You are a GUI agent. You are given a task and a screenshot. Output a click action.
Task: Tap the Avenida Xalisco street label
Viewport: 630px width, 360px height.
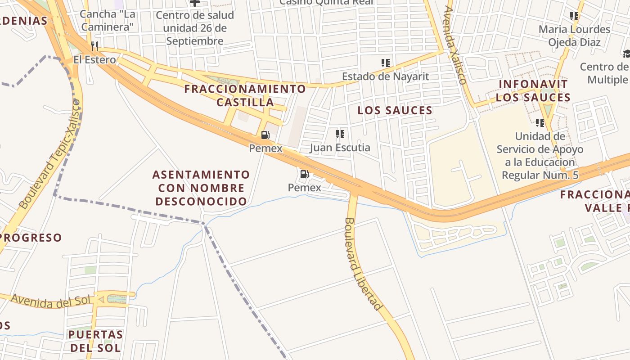point(454,45)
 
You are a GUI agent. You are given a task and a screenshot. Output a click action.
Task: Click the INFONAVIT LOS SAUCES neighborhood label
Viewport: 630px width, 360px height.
point(533,90)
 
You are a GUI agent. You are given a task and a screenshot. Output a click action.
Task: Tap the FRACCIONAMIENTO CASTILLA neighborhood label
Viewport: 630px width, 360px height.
point(245,95)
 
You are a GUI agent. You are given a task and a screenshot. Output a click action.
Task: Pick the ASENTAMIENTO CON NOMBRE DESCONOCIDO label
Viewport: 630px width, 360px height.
point(201,188)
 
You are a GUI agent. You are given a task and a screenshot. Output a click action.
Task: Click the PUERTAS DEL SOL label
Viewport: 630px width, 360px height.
point(95,341)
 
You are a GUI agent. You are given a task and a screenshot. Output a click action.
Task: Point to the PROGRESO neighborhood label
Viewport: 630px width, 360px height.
point(31,238)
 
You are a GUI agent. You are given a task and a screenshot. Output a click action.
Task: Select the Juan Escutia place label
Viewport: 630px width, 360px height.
point(340,148)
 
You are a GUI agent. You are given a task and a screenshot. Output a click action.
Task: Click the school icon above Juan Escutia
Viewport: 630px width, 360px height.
point(340,134)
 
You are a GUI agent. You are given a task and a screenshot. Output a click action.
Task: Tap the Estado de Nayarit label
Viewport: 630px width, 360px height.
point(385,76)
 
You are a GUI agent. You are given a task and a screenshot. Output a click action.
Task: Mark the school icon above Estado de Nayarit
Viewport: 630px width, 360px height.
point(385,63)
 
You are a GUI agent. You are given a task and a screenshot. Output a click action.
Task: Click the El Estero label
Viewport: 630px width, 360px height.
point(94,59)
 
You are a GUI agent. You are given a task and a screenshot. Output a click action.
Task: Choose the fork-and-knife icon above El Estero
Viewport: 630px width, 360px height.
point(94,46)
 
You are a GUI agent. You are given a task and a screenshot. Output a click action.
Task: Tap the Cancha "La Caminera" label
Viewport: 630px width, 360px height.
point(108,21)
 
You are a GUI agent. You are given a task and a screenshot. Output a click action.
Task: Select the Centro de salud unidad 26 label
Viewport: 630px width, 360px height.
point(195,28)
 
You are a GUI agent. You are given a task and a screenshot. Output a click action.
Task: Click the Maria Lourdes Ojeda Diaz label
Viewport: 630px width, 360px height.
point(574,36)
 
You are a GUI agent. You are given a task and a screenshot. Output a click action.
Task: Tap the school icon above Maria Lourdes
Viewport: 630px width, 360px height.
point(574,16)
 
